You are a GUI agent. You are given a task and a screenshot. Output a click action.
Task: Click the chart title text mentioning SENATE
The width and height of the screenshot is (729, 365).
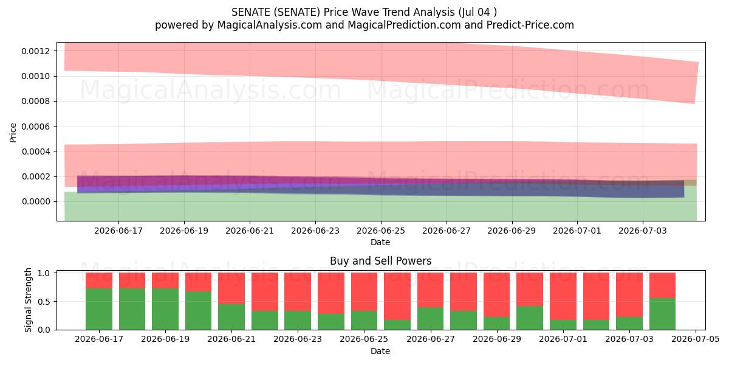pos(364,12)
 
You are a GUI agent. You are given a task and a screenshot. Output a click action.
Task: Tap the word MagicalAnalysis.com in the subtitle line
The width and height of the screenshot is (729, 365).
pos(270,25)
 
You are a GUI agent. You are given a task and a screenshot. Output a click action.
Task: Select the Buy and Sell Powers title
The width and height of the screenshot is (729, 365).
pos(380,261)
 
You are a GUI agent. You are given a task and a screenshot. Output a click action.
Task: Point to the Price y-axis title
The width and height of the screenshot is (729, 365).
pos(13,133)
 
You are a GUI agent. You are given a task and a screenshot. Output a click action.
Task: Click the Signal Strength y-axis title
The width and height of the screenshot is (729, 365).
pos(29,300)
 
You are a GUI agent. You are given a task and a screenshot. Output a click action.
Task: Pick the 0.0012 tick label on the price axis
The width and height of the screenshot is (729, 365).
pos(36,51)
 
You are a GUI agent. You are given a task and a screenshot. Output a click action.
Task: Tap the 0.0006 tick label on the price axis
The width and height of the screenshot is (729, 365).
pos(36,127)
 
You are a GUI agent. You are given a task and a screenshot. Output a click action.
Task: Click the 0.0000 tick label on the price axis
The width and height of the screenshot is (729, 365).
pos(36,202)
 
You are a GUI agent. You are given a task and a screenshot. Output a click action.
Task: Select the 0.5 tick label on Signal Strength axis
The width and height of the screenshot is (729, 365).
pos(44,302)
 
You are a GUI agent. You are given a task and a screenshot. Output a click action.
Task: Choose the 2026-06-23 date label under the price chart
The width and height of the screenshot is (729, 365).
pos(315,231)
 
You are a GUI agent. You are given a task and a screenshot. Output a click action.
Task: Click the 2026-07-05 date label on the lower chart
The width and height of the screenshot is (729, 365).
pos(696,339)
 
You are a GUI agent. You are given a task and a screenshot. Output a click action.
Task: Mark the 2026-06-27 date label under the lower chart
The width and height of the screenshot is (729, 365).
pos(431,339)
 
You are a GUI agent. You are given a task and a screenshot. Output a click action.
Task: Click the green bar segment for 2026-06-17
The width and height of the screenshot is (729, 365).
pos(99,309)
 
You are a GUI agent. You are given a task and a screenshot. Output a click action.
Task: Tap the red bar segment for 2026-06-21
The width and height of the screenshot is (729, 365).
pos(231,288)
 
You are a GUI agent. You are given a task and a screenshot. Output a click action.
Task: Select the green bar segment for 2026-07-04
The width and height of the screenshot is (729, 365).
pos(662,314)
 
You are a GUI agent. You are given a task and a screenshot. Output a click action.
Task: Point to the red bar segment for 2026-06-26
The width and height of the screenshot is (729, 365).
pos(397,296)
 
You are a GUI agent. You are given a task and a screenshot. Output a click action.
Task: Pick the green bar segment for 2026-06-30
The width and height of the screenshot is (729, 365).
pos(530,318)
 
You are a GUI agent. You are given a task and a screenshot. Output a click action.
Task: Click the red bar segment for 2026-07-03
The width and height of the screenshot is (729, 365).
pos(629,295)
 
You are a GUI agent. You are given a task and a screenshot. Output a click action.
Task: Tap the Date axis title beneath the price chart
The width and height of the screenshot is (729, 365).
pos(380,242)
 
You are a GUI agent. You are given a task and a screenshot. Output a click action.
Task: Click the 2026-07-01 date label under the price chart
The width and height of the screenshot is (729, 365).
pos(577,231)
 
